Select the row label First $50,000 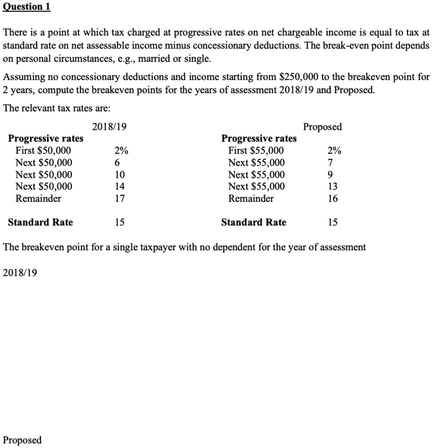(43, 150)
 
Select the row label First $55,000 (256, 150)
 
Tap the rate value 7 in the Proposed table (330, 162)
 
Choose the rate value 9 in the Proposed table (330, 174)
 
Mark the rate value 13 (333, 186)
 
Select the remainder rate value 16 (333, 198)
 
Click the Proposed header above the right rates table (322, 127)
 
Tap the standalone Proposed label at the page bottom (22, 440)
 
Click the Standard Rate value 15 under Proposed (333, 222)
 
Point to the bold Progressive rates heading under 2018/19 (46, 138)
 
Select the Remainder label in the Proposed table (251, 198)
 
